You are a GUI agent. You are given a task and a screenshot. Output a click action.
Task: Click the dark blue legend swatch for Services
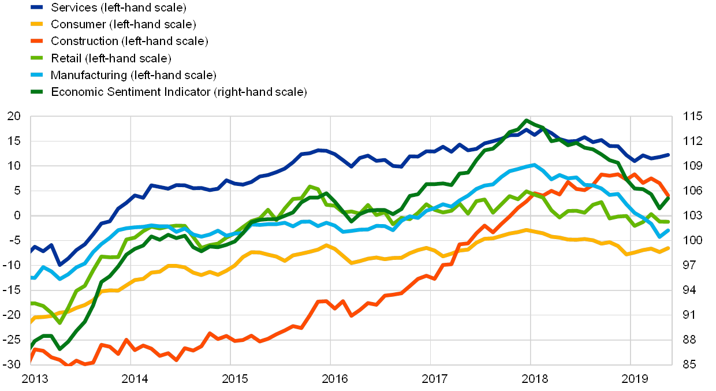(x=38, y=8)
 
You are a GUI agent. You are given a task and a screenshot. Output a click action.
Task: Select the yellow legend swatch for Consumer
(x=38, y=24)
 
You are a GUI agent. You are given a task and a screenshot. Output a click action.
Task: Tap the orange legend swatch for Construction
(x=38, y=41)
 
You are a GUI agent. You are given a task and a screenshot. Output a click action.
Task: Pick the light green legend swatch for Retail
(x=38, y=58)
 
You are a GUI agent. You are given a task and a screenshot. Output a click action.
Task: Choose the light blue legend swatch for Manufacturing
(x=38, y=75)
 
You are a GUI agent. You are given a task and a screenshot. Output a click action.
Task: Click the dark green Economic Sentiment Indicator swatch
(x=38, y=92)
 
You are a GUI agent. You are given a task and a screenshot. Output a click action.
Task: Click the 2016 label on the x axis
(x=334, y=379)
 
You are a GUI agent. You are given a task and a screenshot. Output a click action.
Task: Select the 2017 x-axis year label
(x=435, y=379)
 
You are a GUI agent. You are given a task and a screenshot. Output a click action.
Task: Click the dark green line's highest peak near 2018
(x=526, y=121)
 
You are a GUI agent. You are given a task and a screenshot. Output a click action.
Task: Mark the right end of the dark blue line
(x=668, y=155)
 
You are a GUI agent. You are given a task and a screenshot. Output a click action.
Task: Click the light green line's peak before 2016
(x=310, y=186)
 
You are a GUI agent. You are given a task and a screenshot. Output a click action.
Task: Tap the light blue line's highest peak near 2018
(x=533, y=165)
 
